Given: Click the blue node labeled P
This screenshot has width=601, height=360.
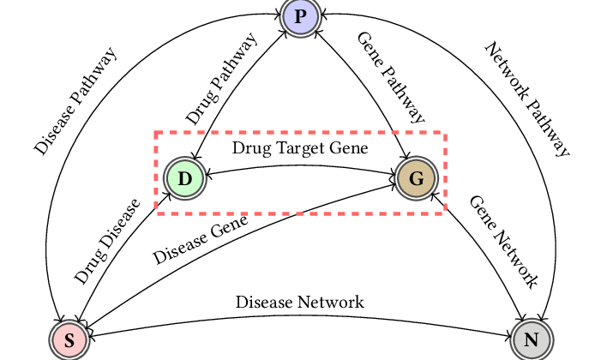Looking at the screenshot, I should pyautogui.click(x=300, y=18).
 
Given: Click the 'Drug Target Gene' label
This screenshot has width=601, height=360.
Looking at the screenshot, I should pyautogui.click(x=300, y=148).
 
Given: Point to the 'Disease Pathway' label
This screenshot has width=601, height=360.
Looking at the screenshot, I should pyautogui.click(x=75, y=101).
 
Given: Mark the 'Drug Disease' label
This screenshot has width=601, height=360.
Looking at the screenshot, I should pyautogui.click(x=106, y=242).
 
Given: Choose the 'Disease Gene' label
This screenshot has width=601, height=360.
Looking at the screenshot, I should pyautogui.click(x=200, y=239).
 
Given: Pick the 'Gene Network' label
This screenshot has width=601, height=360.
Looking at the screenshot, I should pyautogui.click(x=503, y=241).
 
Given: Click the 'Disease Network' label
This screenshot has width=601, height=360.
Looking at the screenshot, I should pyautogui.click(x=300, y=302).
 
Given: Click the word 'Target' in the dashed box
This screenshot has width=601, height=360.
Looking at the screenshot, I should pyautogui.click(x=295, y=148).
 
